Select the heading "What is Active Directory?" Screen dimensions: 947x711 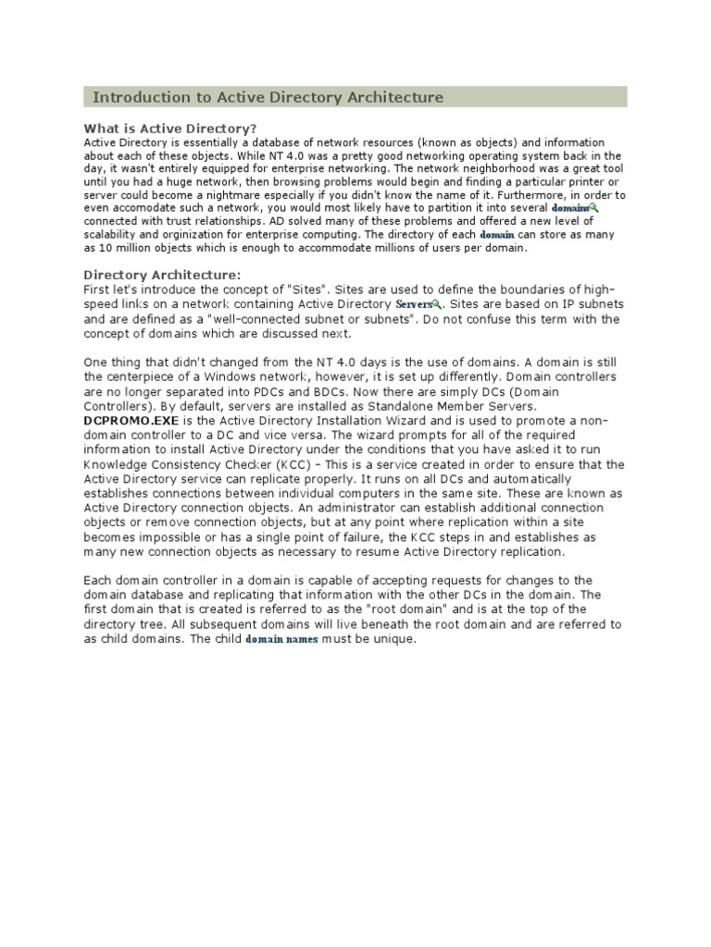[x=170, y=128]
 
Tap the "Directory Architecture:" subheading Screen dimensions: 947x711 [x=162, y=274]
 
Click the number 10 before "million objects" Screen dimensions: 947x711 [x=117, y=248]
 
